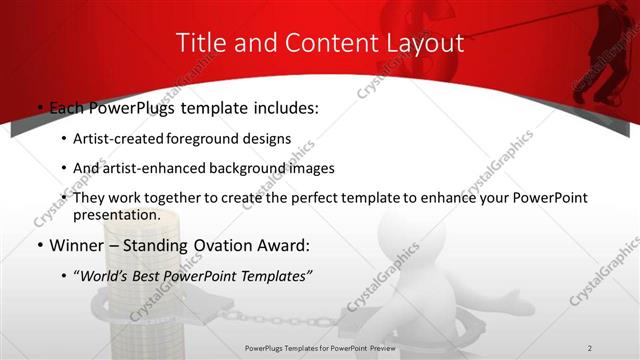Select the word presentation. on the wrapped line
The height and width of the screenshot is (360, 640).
point(115,215)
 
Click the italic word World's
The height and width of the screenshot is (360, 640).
point(105,276)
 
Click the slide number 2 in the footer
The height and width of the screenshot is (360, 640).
point(590,347)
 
